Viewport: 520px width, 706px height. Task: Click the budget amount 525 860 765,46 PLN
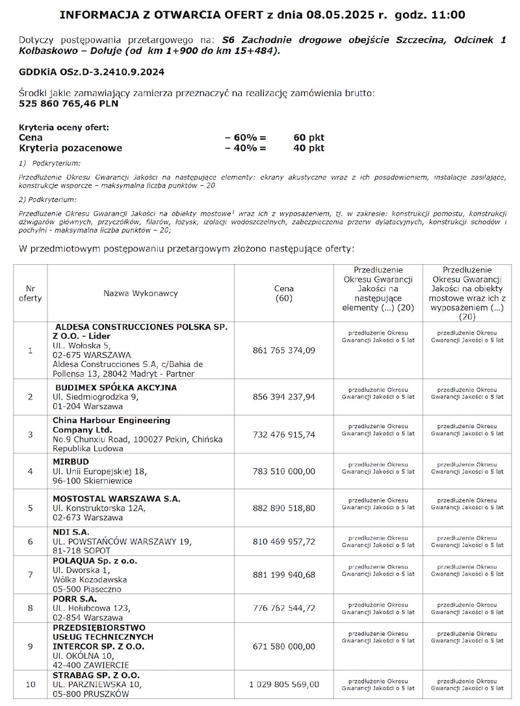pyautogui.click(x=69, y=103)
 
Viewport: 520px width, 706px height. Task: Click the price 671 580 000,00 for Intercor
pyautogui.click(x=283, y=647)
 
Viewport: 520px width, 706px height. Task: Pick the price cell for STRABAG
pyautogui.click(x=283, y=684)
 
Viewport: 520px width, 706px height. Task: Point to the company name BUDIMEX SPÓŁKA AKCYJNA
pyautogui.click(x=116, y=388)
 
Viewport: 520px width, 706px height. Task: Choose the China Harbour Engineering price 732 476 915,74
pyautogui.click(x=283, y=435)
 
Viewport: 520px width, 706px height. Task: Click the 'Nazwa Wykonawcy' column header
pyautogui.click(x=140, y=294)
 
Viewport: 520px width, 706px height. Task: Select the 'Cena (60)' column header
pyautogui.click(x=283, y=294)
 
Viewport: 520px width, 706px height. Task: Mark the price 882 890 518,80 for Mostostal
pyautogui.click(x=283, y=508)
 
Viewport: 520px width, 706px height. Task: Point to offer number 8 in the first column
pyautogui.click(x=31, y=608)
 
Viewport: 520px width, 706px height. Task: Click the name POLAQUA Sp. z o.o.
pyautogui.click(x=95, y=560)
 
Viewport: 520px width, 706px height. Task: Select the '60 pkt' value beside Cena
pyautogui.click(x=309, y=138)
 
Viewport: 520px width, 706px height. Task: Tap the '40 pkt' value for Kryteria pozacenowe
pyautogui.click(x=309, y=148)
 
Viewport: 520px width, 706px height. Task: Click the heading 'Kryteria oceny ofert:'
pyautogui.click(x=64, y=127)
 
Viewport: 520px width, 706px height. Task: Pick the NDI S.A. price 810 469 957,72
pyautogui.click(x=283, y=541)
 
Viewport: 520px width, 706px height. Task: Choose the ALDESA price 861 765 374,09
pyautogui.click(x=283, y=350)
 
